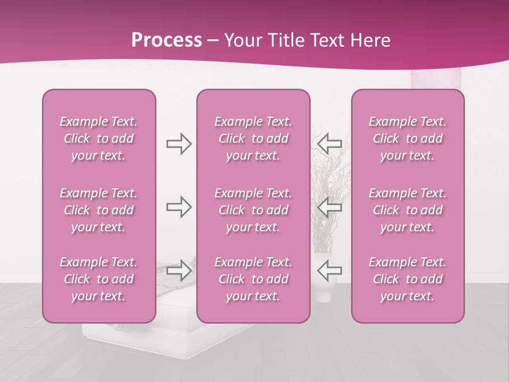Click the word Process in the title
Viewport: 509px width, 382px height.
pos(166,40)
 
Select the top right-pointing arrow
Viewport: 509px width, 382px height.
pos(179,143)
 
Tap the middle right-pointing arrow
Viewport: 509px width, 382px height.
pos(179,207)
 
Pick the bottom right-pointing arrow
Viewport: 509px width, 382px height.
pos(179,271)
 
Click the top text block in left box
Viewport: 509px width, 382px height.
pos(99,138)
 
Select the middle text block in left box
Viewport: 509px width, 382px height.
pos(99,210)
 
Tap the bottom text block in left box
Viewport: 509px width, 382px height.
pos(99,279)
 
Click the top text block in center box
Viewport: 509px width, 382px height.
pos(253,138)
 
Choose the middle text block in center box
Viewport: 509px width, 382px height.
pos(253,210)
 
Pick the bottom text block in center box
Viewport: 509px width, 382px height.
pos(253,279)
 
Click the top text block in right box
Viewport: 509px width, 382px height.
pos(408,138)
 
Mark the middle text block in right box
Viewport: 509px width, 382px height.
pos(408,210)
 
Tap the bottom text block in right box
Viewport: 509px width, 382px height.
pos(408,279)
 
